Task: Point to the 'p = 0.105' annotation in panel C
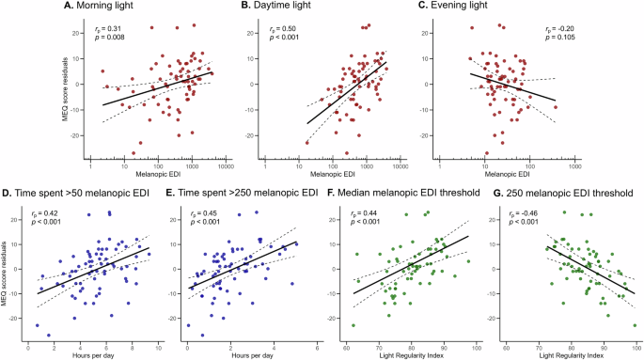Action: (561, 40)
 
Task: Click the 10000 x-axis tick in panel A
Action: (226, 166)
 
